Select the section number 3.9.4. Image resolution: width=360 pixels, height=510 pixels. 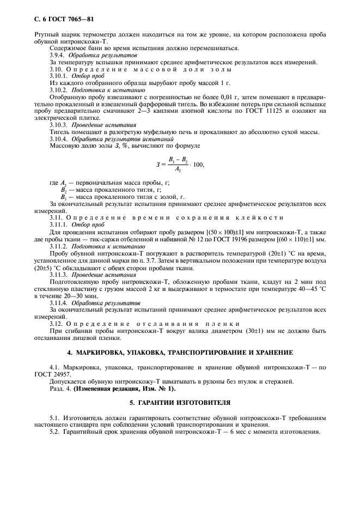tap(57, 56)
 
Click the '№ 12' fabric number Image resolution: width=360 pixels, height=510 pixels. tap(208, 239)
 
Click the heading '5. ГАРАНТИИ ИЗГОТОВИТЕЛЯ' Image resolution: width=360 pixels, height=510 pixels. tap(180, 403)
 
